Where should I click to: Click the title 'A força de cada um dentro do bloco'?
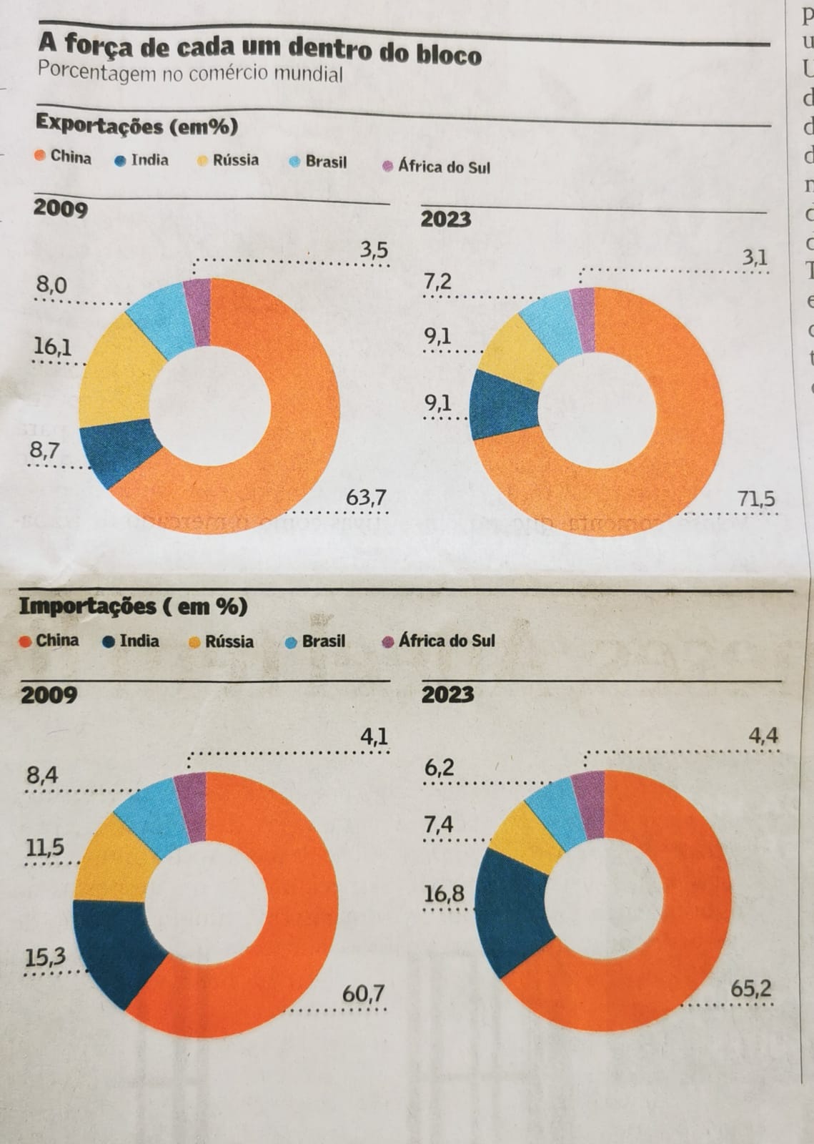pos(259,49)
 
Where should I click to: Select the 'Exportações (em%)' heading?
pos(137,126)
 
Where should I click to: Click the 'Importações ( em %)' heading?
pos(133,606)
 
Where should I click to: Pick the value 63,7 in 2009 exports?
pos(366,497)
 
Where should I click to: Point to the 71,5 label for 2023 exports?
pos(756,498)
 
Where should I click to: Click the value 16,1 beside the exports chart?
pos(53,347)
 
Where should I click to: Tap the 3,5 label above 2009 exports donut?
pos(374,250)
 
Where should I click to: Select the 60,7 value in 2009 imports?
pos(363,993)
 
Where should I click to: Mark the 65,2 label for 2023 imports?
pos(751,989)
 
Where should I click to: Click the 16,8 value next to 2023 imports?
pos(444,894)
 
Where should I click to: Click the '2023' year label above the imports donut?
pos(448,694)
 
